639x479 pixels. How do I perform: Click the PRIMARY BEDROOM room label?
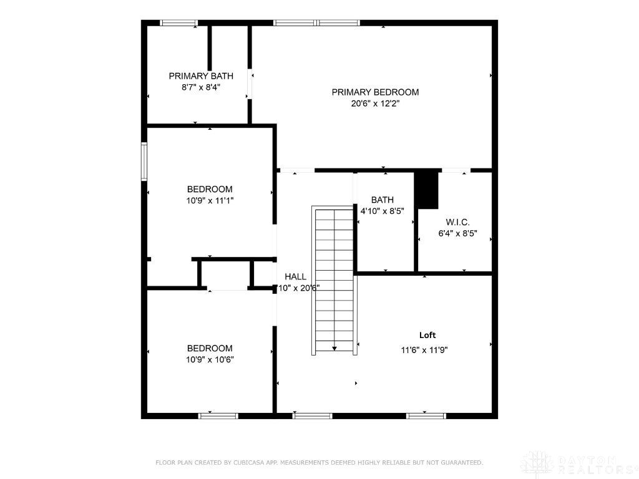pyautogui.click(x=375, y=92)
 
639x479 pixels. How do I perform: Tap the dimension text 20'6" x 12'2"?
pyautogui.click(x=375, y=104)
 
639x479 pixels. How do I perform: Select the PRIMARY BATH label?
pyautogui.click(x=201, y=76)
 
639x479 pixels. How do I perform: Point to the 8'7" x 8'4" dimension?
pyautogui.click(x=201, y=88)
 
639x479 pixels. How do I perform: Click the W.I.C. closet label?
pyautogui.click(x=457, y=222)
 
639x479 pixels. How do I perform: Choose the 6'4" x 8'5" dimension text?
pyautogui.click(x=457, y=234)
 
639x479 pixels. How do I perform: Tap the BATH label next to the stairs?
pyautogui.click(x=382, y=200)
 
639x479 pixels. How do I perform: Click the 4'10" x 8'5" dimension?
pyautogui.click(x=382, y=211)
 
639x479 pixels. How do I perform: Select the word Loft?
pyautogui.click(x=427, y=335)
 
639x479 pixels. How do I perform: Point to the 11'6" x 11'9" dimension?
pyautogui.click(x=424, y=351)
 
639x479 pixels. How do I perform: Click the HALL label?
pyautogui.click(x=295, y=276)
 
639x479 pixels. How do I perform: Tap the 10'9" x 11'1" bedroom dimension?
pyautogui.click(x=210, y=201)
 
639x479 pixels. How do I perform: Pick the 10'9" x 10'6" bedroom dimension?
pyautogui.click(x=210, y=359)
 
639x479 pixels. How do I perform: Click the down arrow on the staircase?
pyautogui.click(x=334, y=347)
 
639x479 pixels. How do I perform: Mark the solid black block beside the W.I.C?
pyautogui.click(x=427, y=190)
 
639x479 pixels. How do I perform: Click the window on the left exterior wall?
pyautogui.click(x=144, y=162)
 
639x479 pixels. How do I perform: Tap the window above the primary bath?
pyautogui.click(x=179, y=23)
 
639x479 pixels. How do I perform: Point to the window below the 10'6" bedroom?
pyautogui.click(x=218, y=415)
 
